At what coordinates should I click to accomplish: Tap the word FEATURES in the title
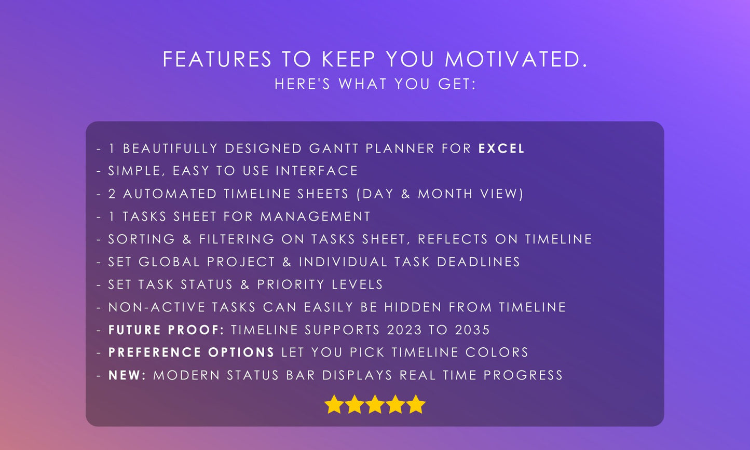pos(217,60)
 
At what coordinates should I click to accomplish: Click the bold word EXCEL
pos(501,148)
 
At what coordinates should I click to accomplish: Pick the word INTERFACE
pos(317,171)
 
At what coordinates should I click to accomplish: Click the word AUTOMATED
pos(170,194)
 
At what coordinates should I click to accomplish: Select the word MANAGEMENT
pos(316,216)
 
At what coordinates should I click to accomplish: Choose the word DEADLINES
pos(479,262)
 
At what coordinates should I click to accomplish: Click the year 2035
pos(472,330)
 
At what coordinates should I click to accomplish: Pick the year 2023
pos(404,330)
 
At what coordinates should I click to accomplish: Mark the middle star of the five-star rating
pos(375,404)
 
